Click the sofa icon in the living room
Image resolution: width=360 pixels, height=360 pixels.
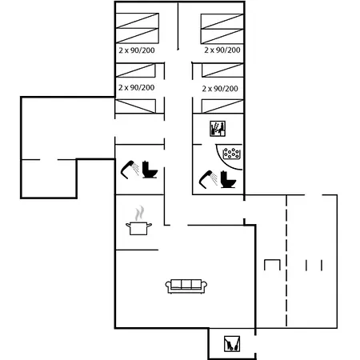[186, 286]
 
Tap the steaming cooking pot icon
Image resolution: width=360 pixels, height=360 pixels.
[138, 221]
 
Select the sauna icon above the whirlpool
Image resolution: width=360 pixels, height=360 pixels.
[218, 129]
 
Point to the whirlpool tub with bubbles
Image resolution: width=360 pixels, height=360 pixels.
[231, 154]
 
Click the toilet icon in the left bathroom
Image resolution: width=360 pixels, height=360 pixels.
[150, 170]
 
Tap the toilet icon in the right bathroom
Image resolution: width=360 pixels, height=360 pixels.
[228, 179]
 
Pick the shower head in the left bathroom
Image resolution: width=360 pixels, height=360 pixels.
[130, 169]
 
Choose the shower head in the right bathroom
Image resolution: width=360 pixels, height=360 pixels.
[208, 179]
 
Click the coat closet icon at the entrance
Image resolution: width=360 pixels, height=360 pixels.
[232, 343]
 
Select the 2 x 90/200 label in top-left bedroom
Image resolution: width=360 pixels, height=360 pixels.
[137, 50]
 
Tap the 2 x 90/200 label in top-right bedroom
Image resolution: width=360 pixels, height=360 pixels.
[222, 50]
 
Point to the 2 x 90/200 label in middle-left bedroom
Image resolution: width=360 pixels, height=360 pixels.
[136, 87]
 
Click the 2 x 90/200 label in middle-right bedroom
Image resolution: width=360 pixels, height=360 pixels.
[220, 89]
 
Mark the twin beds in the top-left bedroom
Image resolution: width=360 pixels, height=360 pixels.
[138, 28]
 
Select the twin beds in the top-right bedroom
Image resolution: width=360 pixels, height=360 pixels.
[222, 29]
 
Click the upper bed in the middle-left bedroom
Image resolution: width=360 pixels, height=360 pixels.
[135, 70]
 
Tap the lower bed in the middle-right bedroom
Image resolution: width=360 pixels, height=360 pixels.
[222, 106]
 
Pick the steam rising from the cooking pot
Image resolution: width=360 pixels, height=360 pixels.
[139, 213]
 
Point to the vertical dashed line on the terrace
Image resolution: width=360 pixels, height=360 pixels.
[286, 261]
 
